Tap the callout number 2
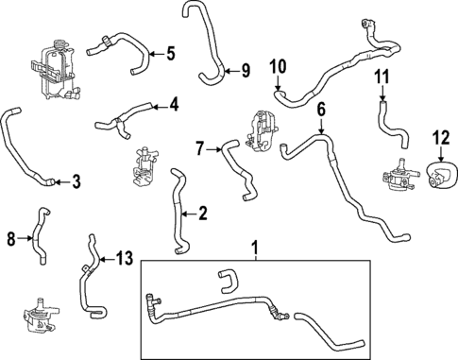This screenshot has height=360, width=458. [x=203, y=214]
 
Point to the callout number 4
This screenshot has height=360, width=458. [x=174, y=105]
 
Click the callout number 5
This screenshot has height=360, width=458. [x=170, y=53]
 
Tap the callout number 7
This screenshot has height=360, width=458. [x=200, y=146]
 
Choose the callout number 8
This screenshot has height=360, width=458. [x=12, y=239]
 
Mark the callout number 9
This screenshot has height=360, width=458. [x=245, y=70]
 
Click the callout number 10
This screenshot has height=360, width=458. [x=277, y=66]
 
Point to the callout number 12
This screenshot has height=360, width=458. [x=440, y=137]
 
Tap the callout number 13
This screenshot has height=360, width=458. [x=125, y=257]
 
